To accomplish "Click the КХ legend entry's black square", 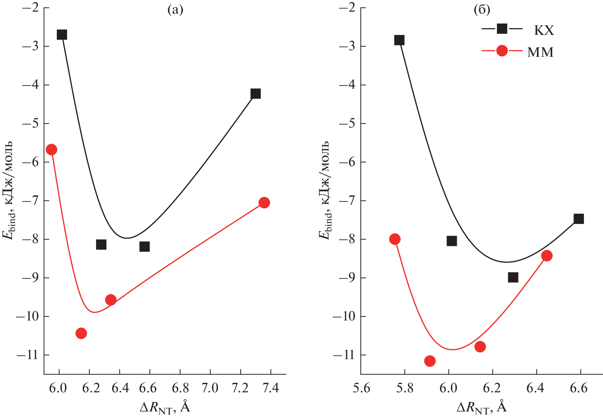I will click(x=502, y=29).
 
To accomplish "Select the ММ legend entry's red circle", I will click(x=502, y=51).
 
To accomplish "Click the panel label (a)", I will click(x=175, y=10).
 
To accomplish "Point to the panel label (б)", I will click(x=482, y=10).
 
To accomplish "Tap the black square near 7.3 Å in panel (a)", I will click(x=256, y=93).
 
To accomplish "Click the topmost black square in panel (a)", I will click(x=62, y=35).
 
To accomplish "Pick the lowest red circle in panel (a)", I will click(x=81, y=333).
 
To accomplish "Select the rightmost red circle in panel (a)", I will click(x=264, y=202).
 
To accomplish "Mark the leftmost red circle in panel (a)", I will click(x=51, y=149).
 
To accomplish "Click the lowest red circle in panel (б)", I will click(x=430, y=361).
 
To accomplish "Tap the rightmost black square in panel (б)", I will click(x=578, y=219).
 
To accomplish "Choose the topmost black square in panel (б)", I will click(x=399, y=40).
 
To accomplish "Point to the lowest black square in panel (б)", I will click(x=513, y=277).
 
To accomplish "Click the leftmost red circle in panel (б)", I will click(x=395, y=239).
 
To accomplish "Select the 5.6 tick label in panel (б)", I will click(x=361, y=388).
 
